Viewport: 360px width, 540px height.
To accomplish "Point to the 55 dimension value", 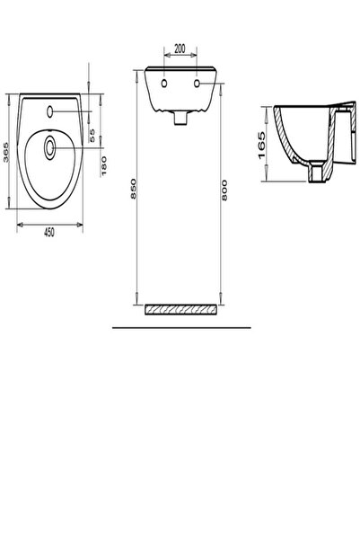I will coord(93,134).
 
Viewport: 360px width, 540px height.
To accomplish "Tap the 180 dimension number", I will coord(106,165).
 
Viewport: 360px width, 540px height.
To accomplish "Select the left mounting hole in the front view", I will coord(165,84).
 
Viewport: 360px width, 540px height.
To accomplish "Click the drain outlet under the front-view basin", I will coord(180,117).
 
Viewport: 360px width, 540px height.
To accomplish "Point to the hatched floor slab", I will coord(180,310).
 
